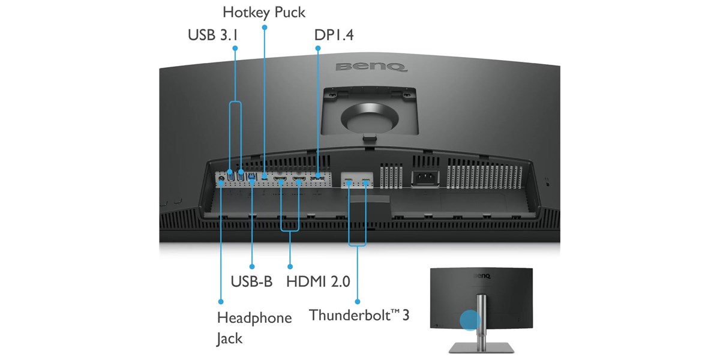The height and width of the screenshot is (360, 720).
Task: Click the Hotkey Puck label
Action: (x=264, y=13)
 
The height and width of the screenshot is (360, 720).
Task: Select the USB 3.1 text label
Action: (x=213, y=35)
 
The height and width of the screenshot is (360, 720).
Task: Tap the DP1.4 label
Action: (x=334, y=35)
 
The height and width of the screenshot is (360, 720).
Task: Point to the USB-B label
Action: (x=251, y=281)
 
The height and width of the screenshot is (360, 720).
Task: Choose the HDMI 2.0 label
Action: (x=318, y=281)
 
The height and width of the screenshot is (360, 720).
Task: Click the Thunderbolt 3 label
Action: (x=359, y=315)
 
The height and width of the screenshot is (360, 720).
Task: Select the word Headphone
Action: (x=254, y=318)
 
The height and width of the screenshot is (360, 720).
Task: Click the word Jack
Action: (x=230, y=338)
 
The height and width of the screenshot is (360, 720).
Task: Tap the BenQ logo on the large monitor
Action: (x=371, y=67)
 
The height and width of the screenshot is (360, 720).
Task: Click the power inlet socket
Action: (x=425, y=178)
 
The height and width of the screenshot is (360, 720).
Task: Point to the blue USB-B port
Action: (x=251, y=176)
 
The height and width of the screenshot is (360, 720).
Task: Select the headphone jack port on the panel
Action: (x=221, y=178)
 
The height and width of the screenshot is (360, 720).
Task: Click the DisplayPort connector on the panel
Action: (x=318, y=179)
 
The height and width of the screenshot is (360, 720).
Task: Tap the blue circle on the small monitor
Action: (x=470, y=320)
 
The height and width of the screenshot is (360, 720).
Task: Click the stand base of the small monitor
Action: (x=481, y=348)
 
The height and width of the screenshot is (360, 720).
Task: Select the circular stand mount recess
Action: (x=370, y=118)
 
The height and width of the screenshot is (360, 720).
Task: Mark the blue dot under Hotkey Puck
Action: (x=265, y=28)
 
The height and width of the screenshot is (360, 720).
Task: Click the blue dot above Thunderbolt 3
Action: (x=358, y=302)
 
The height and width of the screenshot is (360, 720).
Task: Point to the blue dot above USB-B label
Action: (x=252, y=266)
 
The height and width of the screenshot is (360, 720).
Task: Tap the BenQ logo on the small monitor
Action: (x=481, y=276)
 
